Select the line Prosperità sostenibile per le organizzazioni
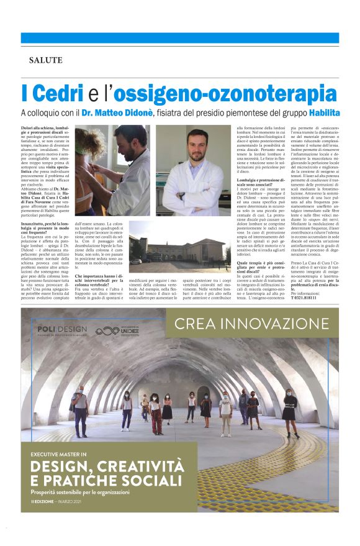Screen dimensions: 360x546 coord(80,493)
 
